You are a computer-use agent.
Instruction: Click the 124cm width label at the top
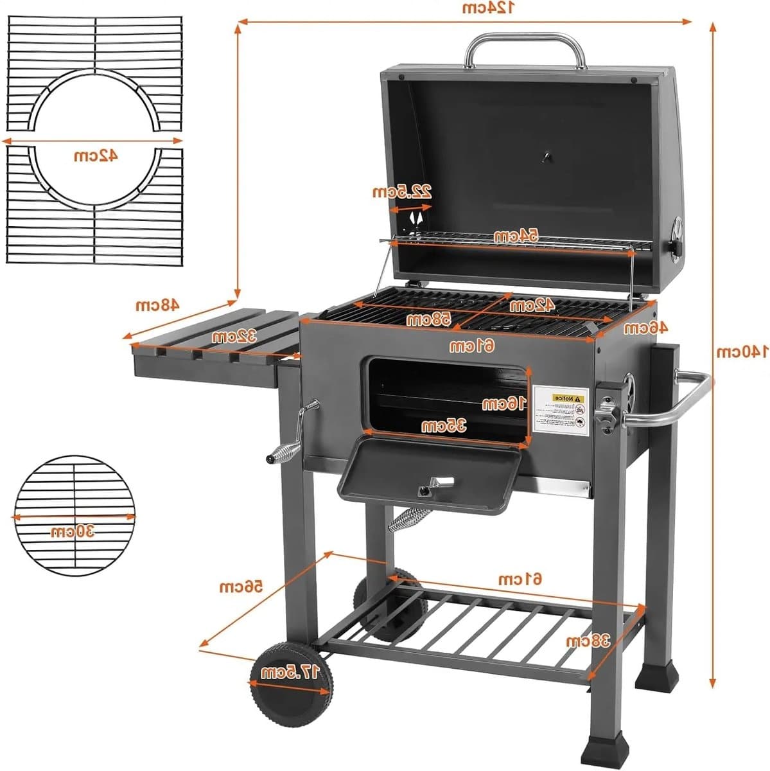click(488, 8)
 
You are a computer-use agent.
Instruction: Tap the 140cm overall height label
click(742, 351)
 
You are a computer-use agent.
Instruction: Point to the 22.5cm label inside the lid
click(402, 191)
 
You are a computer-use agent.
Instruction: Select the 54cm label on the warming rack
click(515, 236)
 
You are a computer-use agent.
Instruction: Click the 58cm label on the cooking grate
click(428, 318)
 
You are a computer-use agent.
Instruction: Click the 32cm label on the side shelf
click(235, 336)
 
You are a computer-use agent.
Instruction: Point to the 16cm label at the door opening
click(503, 403)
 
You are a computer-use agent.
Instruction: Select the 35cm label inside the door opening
click(444, 425)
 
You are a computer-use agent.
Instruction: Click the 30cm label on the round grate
click(73, 531)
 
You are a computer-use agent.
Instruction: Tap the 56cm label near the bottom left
click(241, 587)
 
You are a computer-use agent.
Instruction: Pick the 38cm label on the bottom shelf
click(587, 641)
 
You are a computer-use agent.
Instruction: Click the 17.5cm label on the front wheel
click(290, 673)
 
